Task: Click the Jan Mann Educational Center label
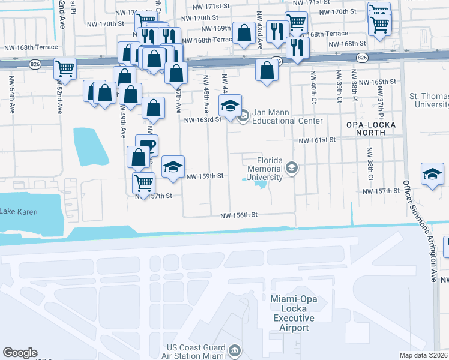[287, 116]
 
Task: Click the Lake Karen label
[19, 212]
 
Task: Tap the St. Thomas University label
[428, 100]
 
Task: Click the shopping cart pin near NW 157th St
[143, 182]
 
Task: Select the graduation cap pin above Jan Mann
[230, 105]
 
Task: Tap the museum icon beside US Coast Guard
[234, 350]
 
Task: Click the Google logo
[20, 353]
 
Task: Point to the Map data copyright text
[423, 355]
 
